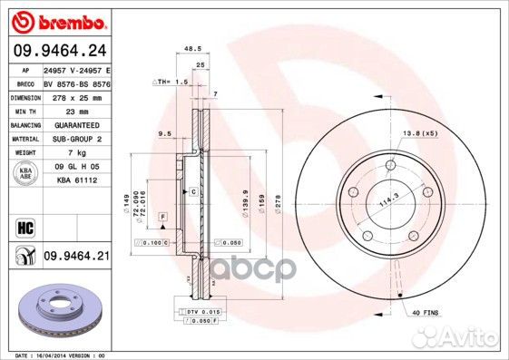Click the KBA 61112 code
(x=74, y=181)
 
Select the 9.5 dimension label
(x=164, y=133)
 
